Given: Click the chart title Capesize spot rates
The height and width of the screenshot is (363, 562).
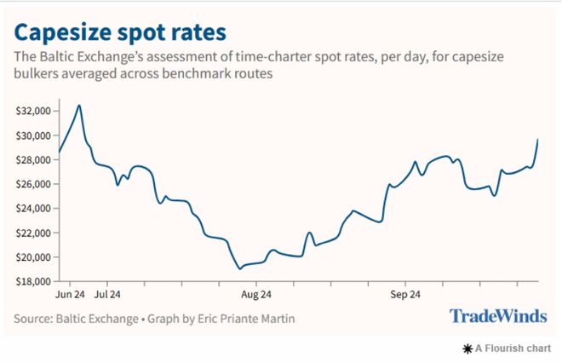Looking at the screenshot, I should [x=120, y=33].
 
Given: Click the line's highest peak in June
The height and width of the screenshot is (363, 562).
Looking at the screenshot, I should [x=79, y=105].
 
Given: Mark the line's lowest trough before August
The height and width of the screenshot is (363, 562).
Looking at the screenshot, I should [x=239, y=268].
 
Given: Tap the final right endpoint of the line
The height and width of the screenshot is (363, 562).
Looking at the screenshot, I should [x=538, y=139].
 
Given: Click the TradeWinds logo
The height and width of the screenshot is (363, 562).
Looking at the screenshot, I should [x=497, y=317].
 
